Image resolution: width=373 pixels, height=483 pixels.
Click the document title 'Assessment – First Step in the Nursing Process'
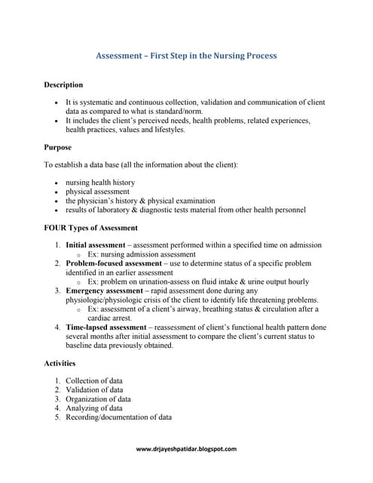(186, 56)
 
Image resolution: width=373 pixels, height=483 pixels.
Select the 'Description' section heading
(63, 85)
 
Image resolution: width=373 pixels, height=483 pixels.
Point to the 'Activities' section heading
(60, 363)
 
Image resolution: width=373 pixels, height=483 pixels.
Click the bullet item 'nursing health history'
(100, 183)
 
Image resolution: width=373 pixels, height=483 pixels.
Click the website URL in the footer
(186, 449)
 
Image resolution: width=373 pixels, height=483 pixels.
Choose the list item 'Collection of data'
(94, 381)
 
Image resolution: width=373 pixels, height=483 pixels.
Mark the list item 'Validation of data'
(94, 390)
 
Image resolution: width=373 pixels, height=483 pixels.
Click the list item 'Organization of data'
(98, 399)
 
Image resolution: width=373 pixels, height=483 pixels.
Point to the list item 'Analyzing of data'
(94, 408)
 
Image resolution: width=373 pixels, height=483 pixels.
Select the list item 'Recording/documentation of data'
(118, 417)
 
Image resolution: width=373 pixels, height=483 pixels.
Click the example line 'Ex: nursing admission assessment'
(141, 254)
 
